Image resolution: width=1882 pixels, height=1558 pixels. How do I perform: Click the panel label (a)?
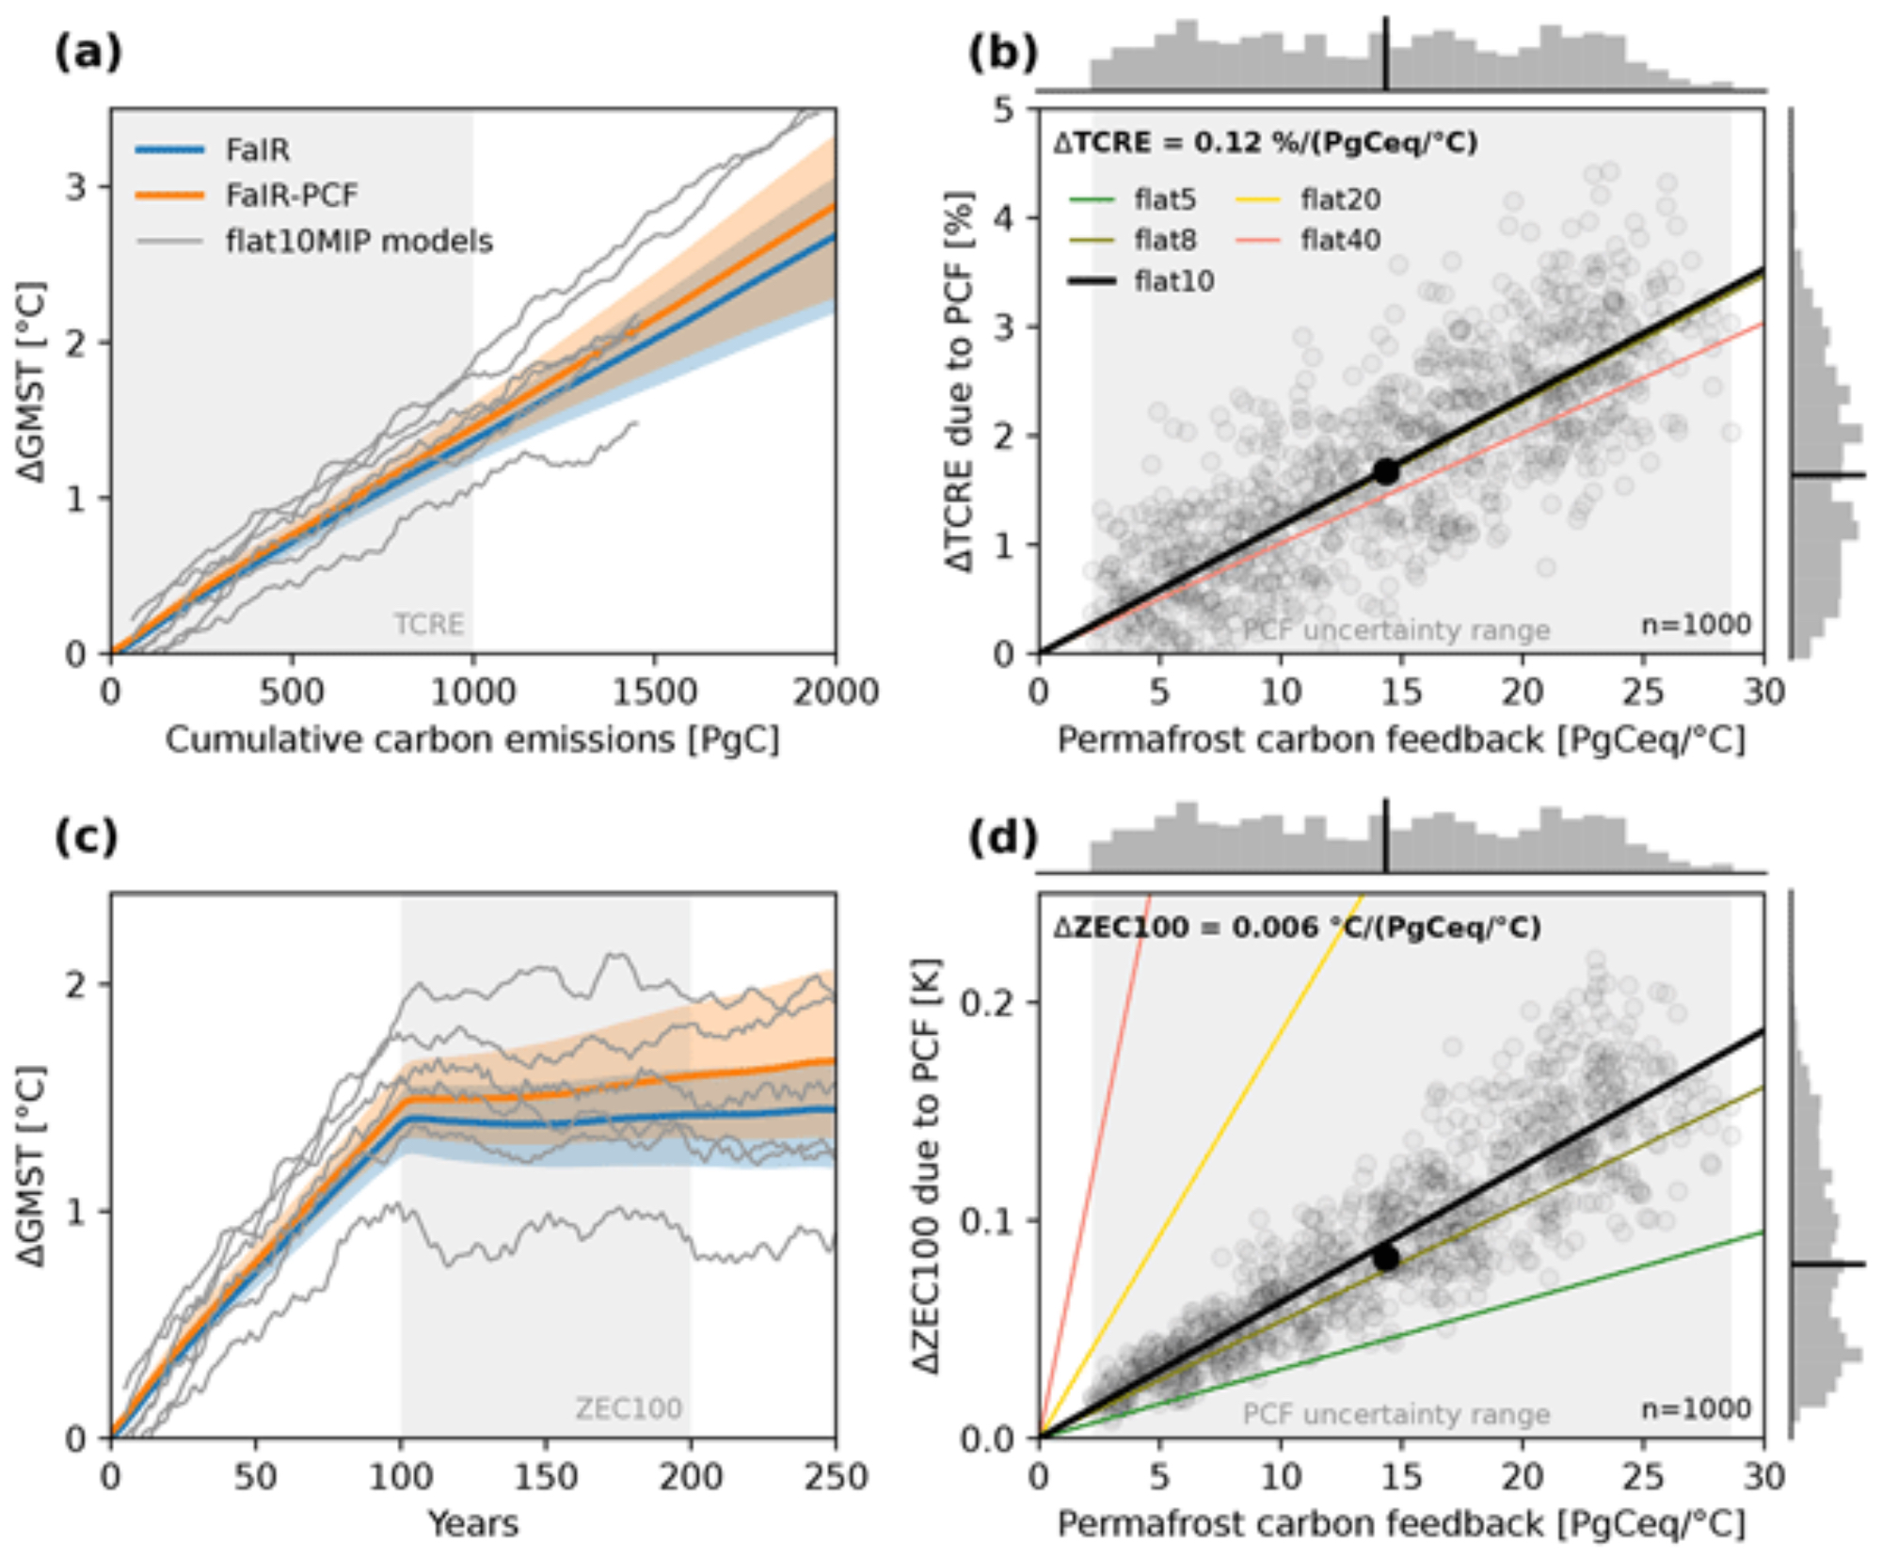click(x=88, y=53)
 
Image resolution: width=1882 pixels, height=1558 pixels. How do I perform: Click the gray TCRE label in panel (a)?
click(x=428, y=625)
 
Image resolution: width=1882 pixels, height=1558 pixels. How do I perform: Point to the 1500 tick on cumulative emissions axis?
click(x=654, y=692)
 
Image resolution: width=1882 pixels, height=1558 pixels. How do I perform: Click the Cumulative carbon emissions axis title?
click(x=472, y=740)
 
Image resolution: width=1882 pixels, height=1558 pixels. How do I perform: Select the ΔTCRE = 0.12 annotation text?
click(x=1265, y=143)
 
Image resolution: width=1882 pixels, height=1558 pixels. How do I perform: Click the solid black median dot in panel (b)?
click(x=1385, y=472)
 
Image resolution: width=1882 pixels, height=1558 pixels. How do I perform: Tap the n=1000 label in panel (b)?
click(x=1696, y=625)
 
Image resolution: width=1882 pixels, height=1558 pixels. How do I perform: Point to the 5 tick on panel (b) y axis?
click(x=1005, y=110)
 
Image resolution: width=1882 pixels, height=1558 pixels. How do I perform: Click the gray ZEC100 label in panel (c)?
click(x=628, y=1408)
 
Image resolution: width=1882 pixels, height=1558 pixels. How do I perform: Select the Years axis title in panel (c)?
click(x=472, y=1523)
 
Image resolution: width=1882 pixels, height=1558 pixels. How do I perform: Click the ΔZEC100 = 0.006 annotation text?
click(x=1296, y=928)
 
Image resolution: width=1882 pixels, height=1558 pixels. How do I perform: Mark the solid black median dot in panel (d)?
click(x=1385, y=1259)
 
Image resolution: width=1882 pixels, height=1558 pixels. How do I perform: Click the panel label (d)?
click(x=1003, y=836)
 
